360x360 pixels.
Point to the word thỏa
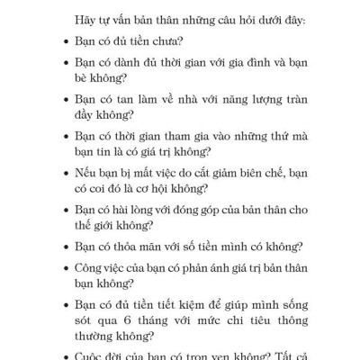[x=134, y=246]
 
